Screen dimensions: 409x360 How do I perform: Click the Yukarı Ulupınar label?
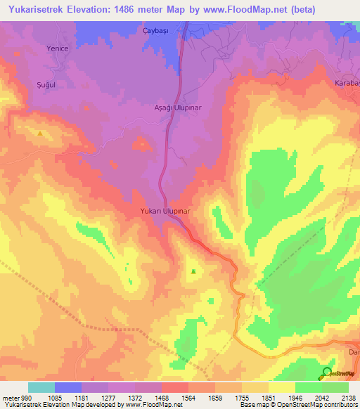166,210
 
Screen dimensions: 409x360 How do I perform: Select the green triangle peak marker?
193,271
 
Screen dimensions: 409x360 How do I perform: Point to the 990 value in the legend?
27,397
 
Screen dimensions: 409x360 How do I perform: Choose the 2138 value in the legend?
347,397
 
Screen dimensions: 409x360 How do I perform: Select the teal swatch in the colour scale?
41,387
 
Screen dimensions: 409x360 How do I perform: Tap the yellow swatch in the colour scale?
281,387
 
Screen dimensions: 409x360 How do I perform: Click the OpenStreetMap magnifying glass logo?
326,372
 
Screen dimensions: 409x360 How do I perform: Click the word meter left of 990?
10,397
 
